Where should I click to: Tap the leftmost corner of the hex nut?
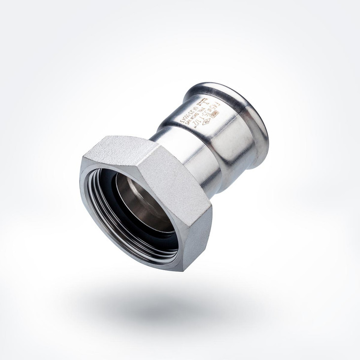81,163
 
